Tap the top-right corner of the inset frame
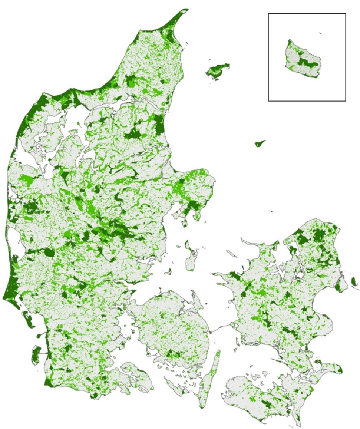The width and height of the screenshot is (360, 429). (346, 14)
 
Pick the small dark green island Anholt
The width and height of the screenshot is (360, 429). (260, 143)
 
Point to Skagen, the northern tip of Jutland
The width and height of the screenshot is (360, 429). (184, 10)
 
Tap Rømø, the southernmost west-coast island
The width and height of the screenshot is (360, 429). (36, 354)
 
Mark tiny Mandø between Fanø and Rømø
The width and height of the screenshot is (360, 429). (38, 336)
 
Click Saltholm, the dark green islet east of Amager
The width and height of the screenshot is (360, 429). (354, 281)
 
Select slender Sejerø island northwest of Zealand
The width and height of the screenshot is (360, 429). (231, 254)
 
